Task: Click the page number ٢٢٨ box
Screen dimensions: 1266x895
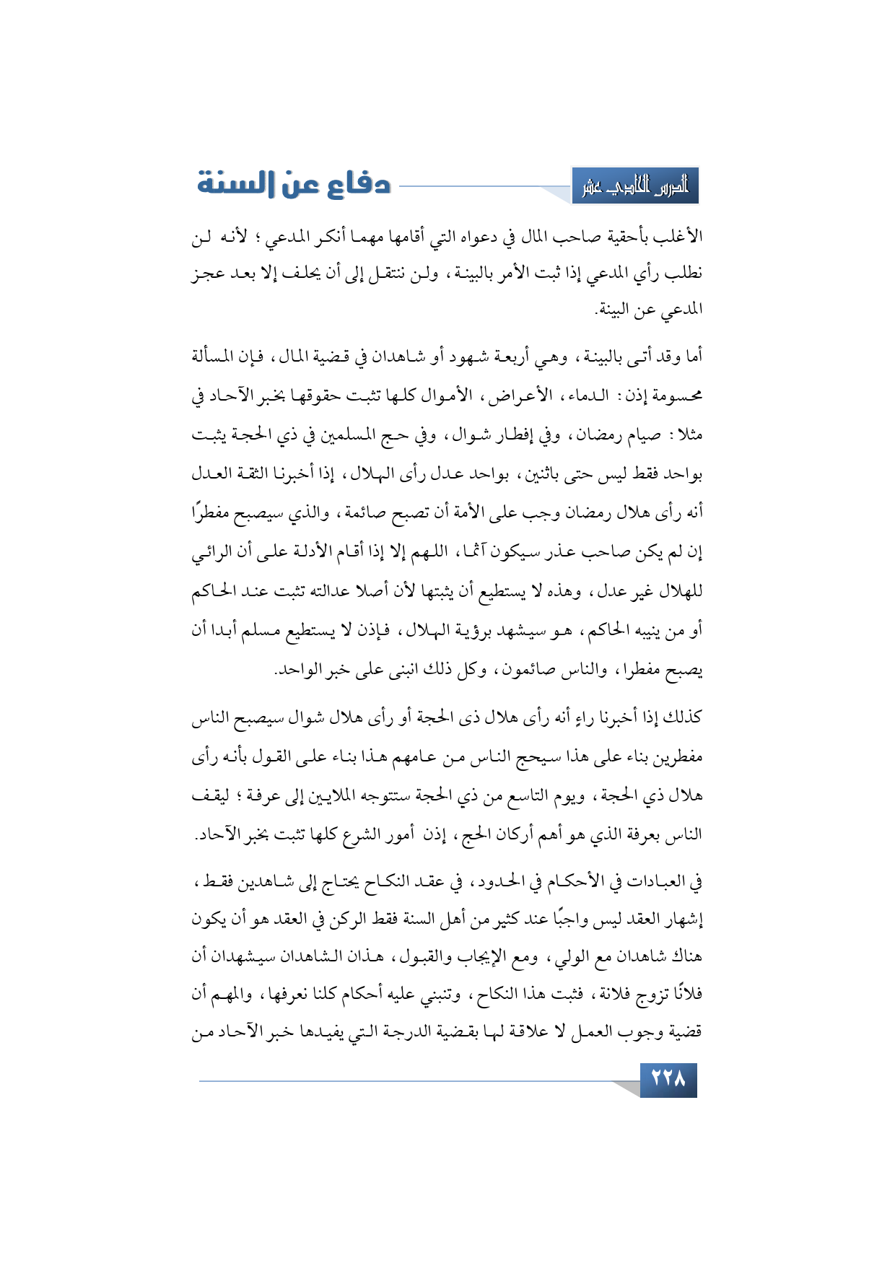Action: [668, 1079]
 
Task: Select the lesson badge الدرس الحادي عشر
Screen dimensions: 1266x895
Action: [635, 186]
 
